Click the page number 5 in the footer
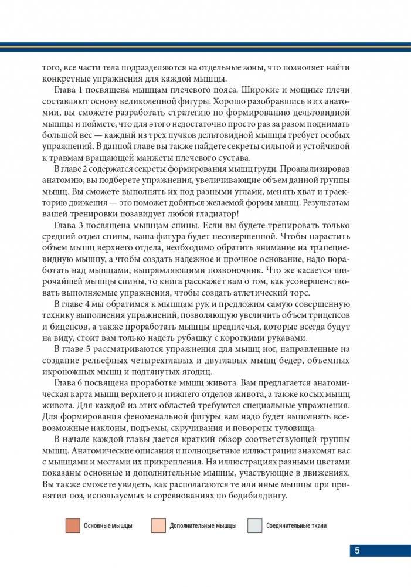click(x=357, y=551)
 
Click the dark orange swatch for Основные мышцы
click(x=72, y=525)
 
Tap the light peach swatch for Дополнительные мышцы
click(x=158, y=525)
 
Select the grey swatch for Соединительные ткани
click(x=254, y=525)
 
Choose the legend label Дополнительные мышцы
click(x=203, y=526)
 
